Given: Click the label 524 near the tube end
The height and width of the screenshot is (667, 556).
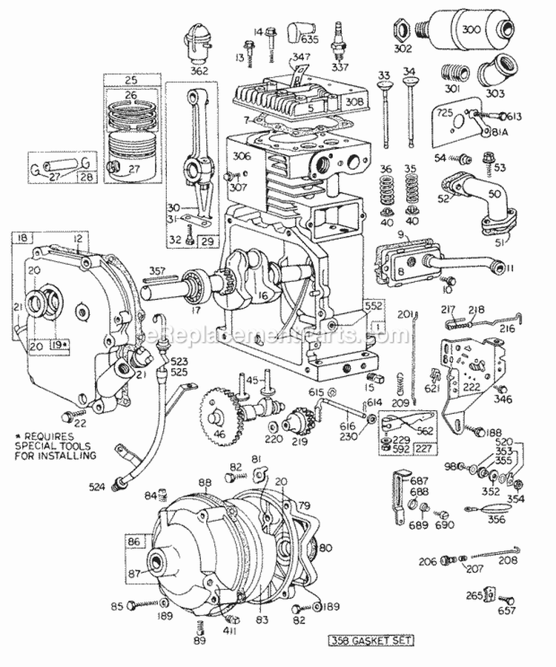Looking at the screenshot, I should click(102, 487).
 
